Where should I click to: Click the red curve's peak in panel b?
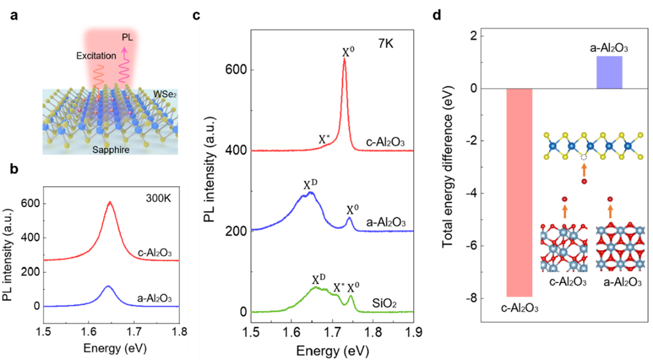click(x=110, y=202)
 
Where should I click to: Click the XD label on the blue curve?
click(x=311, y=184)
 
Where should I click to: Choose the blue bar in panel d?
click(x=609, y=72)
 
